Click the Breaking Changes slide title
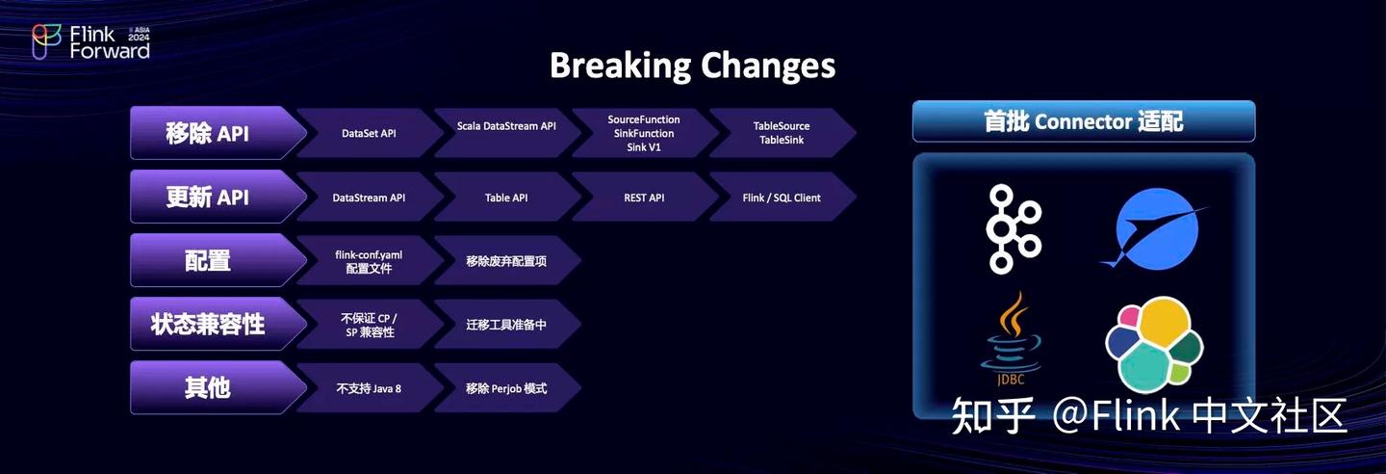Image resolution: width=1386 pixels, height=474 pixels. click(692, 66)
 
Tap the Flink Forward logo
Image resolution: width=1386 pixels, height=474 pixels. click(91, 41)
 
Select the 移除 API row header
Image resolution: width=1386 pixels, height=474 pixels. click(208, 133)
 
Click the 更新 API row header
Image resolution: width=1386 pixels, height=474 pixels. click(208, 197)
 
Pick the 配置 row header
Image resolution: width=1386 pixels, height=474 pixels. click(208, 260)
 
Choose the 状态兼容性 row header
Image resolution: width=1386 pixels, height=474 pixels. click(208, 324)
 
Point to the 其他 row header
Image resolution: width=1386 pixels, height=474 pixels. click(208, 387)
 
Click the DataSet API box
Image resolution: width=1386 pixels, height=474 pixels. click(368, 134)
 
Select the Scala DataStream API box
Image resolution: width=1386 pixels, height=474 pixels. click(506, 126)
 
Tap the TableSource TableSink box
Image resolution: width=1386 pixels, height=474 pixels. click(781, 133)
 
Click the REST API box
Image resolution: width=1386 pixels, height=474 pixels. click(643, 197)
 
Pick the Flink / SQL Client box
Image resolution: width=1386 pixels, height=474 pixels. click(781, 197)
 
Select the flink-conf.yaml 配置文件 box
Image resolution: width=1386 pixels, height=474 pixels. click(368, 261)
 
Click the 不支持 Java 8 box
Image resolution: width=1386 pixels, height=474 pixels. click(368, 388)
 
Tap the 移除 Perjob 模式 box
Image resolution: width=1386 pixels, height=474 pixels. click(506, 388)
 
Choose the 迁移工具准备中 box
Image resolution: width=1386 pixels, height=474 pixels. click(506, 325)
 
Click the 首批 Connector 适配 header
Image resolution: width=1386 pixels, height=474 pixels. click(1083, 121)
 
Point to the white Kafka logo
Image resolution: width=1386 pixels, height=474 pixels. click(1013, 228)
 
